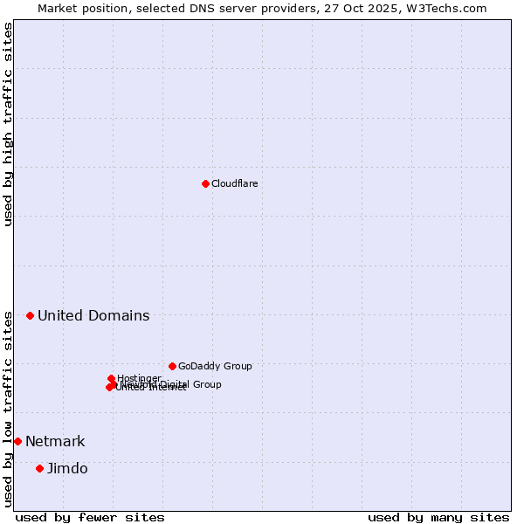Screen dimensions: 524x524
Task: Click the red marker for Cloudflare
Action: (x=205, y=183)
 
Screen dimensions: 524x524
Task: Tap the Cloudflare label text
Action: (x=234, y=183)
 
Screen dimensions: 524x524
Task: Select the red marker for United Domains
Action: (x=30, y=315)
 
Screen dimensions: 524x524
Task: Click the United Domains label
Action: (x=93, y=315)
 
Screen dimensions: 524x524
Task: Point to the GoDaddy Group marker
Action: (x=172, y=366)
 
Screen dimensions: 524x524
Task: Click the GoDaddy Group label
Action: (x=215, y=366)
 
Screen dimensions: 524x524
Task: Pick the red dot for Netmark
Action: (x=17, y=441)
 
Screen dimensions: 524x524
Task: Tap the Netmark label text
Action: (x=55, y=441)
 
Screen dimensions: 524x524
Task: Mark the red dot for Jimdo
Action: (x=39, y=468)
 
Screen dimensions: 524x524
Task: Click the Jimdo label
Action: (x=67, y=468)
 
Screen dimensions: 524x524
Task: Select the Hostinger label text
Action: (x=139, y=378)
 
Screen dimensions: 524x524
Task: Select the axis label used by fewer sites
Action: (x=90, y=517)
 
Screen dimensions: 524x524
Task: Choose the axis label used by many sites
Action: (x=438, y=517)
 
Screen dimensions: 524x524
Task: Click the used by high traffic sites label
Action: (x=8, y=124)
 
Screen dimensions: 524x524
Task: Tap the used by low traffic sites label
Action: (x=8, y=408)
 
